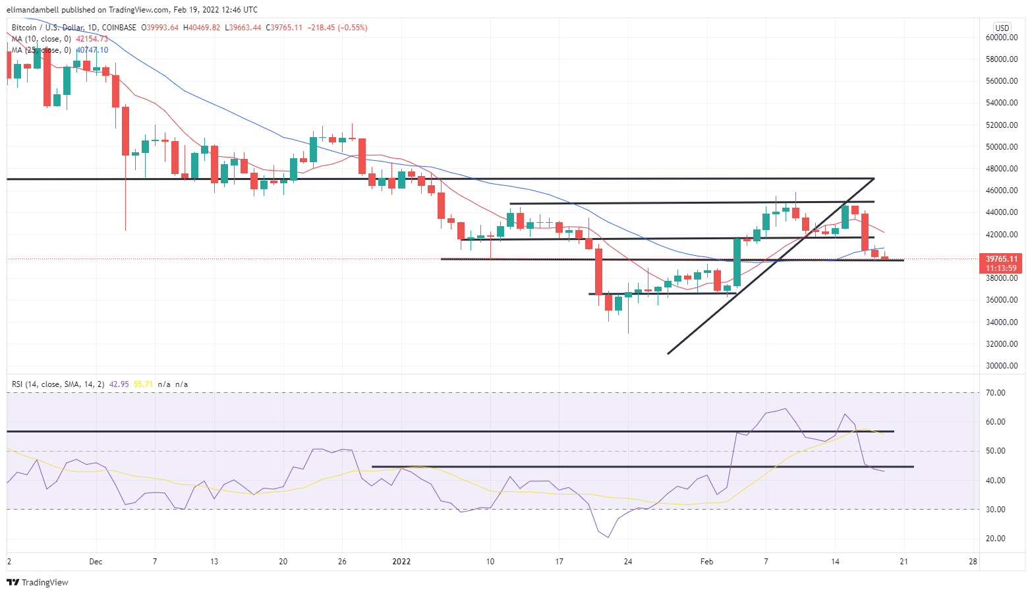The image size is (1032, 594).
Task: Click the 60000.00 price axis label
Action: pos(1001,38)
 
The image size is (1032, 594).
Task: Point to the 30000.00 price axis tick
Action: pos(1001,366)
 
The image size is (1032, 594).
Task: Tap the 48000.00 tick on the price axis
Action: pos(1001,169)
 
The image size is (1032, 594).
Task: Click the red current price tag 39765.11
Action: pos(1001,259)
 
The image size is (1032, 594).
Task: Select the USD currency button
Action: pos(1002,28)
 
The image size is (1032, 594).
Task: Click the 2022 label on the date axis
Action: pos(401,562)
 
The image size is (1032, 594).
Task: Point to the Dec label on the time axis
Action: pos(96,562)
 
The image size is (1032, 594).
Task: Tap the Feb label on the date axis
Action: pos(706,562)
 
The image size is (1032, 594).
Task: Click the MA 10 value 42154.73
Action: pos(92,39)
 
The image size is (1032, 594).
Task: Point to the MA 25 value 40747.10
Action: pos(92,50)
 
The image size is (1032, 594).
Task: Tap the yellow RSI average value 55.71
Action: pos(143,384)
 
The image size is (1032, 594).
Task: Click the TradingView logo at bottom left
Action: pos(38,582)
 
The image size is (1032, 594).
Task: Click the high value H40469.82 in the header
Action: pos(202,28)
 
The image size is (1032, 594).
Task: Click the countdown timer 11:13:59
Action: pos(1001,268)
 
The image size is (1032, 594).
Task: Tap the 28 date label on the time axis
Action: pos(973,562)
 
